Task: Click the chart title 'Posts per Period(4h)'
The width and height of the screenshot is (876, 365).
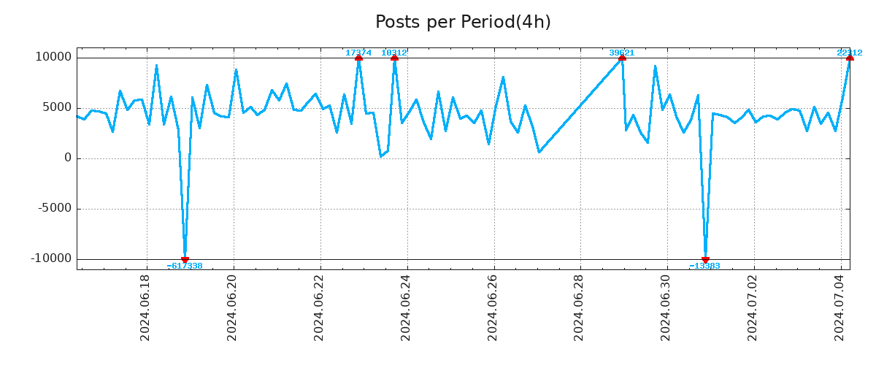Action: coord(463,22)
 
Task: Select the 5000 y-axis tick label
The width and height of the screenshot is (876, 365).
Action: coord(55,107)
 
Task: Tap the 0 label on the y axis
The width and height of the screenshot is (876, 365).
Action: coord(68,158)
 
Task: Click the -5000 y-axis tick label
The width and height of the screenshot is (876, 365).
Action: coord(53,208)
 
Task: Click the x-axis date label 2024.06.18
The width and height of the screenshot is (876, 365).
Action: coord(145,307)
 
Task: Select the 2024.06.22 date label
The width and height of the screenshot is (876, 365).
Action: coord(319,307)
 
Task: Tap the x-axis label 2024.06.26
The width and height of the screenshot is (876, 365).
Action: coord(493,307)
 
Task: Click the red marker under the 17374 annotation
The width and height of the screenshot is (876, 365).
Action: coord(358,58)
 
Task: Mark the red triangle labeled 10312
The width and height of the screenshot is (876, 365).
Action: coord(394,58)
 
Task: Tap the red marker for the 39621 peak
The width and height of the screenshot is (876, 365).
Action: coord(622,58)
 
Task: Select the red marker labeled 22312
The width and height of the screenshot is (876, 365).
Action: coord(850,58)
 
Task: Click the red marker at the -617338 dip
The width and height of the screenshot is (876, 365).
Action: coord(185,259)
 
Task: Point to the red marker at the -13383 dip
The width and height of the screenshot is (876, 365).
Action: coord(705,259)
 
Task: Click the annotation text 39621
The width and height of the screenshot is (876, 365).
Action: coord(622,53)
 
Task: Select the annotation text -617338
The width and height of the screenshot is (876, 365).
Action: coord(185,266)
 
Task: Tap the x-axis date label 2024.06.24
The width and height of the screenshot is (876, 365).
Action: coord(406,307)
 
